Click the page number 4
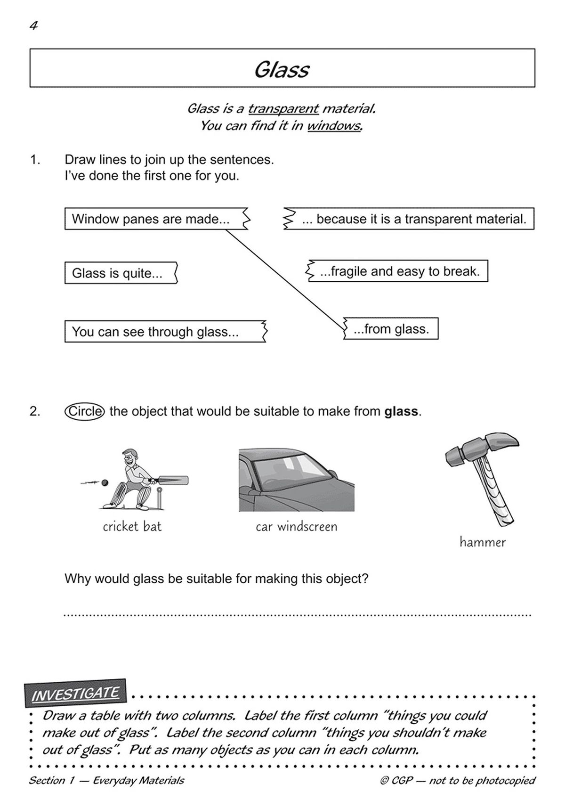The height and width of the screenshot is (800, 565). (x=33, y=26)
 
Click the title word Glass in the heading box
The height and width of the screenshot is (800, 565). (x=282, y=70)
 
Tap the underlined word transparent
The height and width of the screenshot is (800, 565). (x=283, y=109)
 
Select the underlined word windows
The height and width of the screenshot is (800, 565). (x=334, y=126)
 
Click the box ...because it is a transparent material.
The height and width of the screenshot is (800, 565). (x=410, y=219)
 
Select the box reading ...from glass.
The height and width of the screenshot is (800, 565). (x=391, y=329)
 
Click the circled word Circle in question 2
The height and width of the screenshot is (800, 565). (x=84, y=411)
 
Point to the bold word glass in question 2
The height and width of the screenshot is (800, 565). (x=401, y=411)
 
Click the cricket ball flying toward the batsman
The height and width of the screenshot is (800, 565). (x=105, y=482)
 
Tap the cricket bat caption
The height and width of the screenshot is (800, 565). (x=132, y=526)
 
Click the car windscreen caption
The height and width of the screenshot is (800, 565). (x=297, y=526)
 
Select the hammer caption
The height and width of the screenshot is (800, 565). (x=483, y=542)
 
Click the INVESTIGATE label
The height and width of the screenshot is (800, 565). (x=75, y=694)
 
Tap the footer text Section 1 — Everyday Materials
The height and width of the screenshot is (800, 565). (x=106, y=780)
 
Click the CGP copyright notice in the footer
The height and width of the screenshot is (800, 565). (x=458, y=780)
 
